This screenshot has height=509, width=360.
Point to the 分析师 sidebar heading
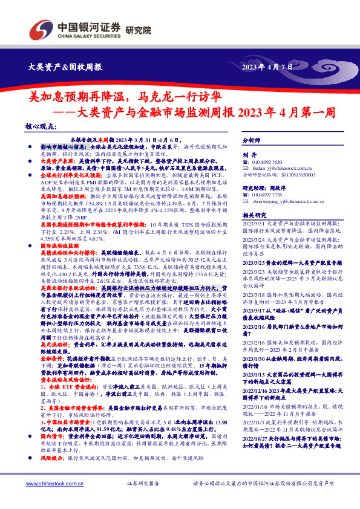250,140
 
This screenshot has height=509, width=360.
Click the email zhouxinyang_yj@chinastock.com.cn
289,203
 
